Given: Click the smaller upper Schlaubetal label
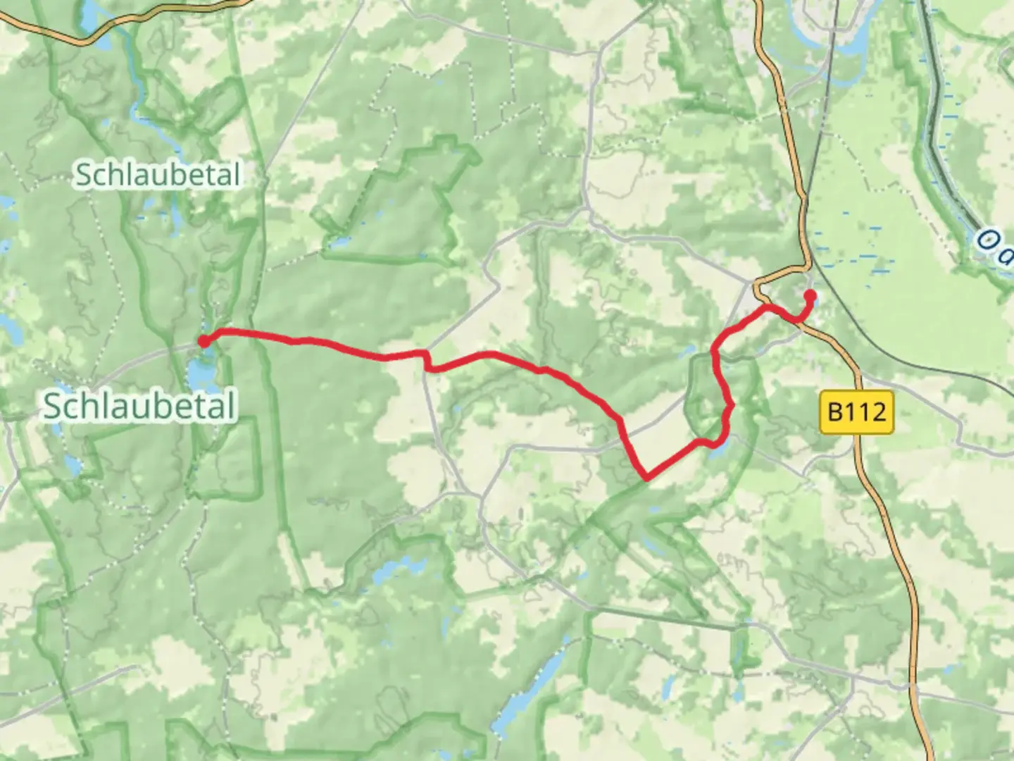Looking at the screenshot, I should pyautogui.click(x=158, y=175).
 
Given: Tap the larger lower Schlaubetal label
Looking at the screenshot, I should pyautogui.click(x=139, y=407).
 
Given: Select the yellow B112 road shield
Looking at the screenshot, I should pyautogui.click(x=856, y=412).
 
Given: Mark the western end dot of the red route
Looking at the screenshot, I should pyautogui.click(x=203, y=342).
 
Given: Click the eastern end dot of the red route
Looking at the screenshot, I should pyautogui.click(x=810, y=295).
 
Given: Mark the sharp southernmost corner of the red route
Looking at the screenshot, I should pyautogui.click(x=646, y=479).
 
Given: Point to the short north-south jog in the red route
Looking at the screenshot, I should pyautogui.click(x=426, y=360).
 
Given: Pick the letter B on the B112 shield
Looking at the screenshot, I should pyautogui.click(x=835, y=412).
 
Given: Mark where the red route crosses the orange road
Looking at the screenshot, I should pyautogui.click(x=800, y=321).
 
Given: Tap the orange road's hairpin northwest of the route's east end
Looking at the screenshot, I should pyautogui.click(x=757, y=287).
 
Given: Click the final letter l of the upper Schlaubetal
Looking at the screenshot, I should pyautogui.click(x=236, y=174).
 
